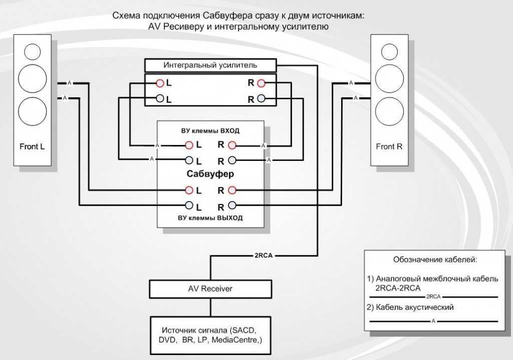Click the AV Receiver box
point(210,289)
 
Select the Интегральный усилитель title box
point(210,65)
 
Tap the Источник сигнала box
point(210,335)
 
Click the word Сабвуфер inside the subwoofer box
point(210,173)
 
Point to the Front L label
point(32,146)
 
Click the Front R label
point(389,146)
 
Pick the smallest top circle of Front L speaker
point(33,52)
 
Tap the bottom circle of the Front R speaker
point(389,111)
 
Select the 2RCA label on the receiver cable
point(264,256)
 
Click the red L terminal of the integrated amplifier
point(160,83)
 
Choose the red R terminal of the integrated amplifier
point(261,83)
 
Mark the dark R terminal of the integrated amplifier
point(261,98)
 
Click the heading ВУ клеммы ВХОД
point(210,131)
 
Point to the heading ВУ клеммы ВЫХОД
point(210,218)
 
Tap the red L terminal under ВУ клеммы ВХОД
point(189,145)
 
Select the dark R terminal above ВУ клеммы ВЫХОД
point(232,206)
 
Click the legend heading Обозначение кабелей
point(435,260)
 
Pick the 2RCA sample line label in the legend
point(433,297)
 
